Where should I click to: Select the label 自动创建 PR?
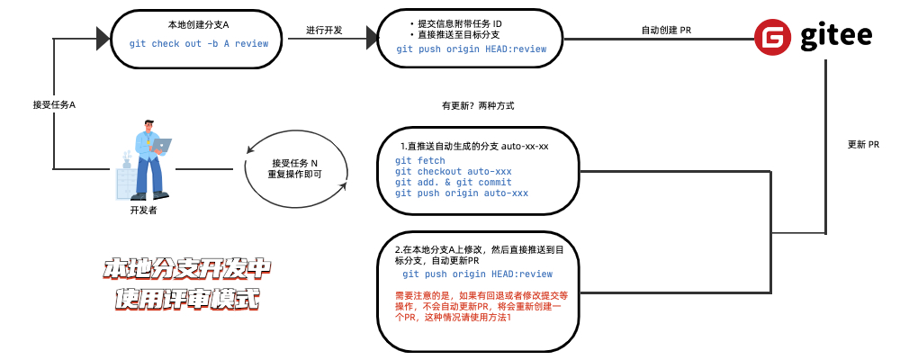pyautogui.click(x=666, y=30)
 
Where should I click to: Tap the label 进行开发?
pyautogui.click(x=324, y=30)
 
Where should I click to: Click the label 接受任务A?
pyautogui.click(x=54, y=105)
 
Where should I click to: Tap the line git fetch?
pyautogui.click(x=419, y=161)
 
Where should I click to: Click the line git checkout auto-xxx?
pyautogui.click(x=453, y=172)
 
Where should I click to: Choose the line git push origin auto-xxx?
pyautogui.click(x=461, y=193)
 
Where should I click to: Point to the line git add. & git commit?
pyautogui.click(x=453, y=183)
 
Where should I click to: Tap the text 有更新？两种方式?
pyautogui.click(x=478, y=105)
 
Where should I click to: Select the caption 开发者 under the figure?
pyautogui.click(x=144, y=210)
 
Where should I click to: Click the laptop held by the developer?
pyautogui.click(x=161, y=144)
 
